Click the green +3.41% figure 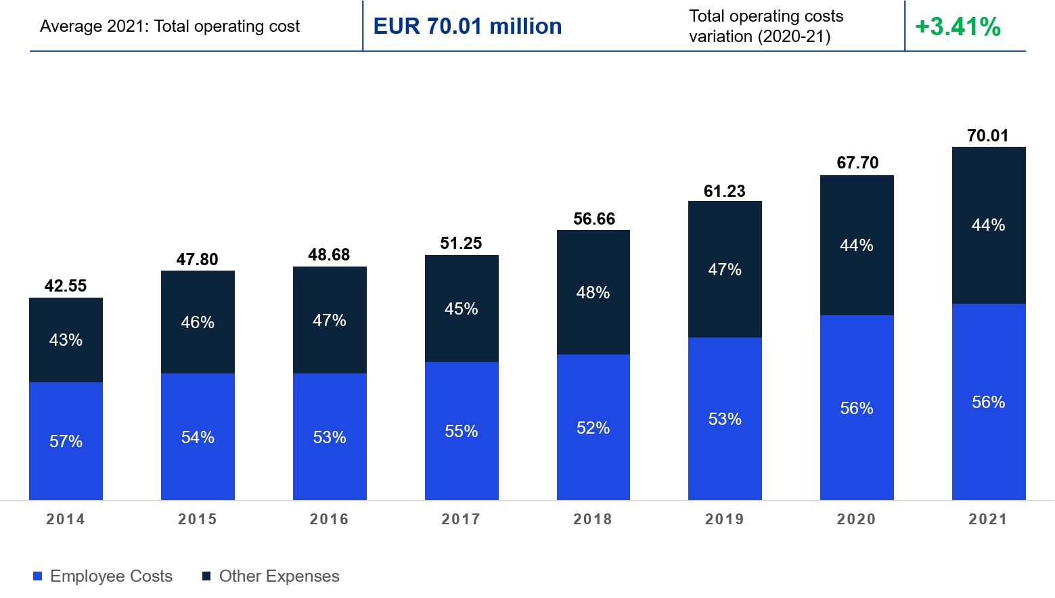coord(958,27)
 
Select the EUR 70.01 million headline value coord(468,26)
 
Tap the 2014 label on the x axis coord(66,519)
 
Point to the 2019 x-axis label coord(724,519)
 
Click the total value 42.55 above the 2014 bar coord(66,285)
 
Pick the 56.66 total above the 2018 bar coord(594,218)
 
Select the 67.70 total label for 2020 coord(857,162)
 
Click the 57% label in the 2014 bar coord(66,441)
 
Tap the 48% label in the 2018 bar coord(593,292)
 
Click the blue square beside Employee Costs coord(38,576)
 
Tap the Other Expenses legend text coord(279,576)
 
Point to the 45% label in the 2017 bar coord(462,308)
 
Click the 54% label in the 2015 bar coord(198,437)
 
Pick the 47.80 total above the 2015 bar coord(198,259)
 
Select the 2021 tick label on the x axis coord(988,519)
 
